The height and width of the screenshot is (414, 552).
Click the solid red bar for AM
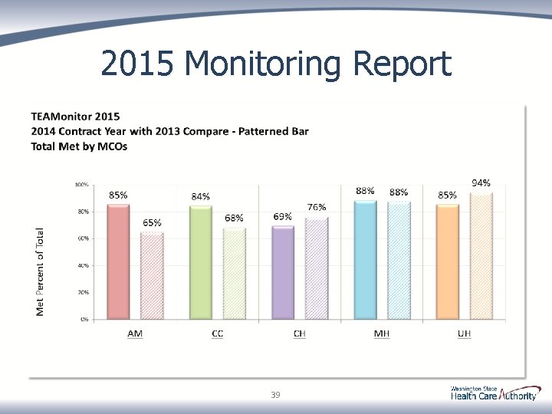tap(119, 261)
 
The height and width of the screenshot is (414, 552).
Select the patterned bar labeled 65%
tap(153, 275)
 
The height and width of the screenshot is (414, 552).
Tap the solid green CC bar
tap(201, 261)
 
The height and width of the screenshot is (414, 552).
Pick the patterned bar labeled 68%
tap(235, 272)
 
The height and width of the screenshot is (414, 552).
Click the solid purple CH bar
tap(283, 271)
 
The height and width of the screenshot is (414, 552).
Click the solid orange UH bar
tap(447, 261)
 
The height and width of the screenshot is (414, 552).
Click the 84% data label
tap(201, 196)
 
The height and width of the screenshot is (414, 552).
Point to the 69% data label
tap(282, 216)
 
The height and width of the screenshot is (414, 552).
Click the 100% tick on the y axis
tap(80, 185)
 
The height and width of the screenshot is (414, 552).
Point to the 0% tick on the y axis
tap(83, 319)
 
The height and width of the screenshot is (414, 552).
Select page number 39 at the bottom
tap(275, 395)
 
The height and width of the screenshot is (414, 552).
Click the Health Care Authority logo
tap(494, 394)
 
